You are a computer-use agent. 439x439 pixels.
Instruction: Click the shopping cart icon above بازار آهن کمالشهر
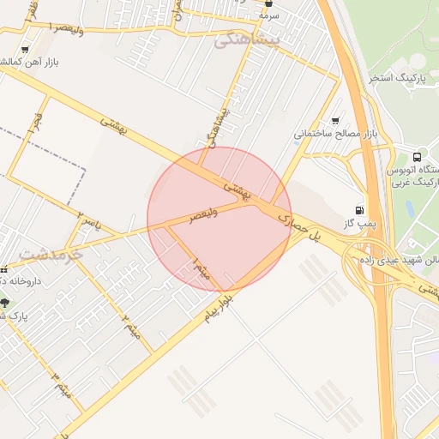[x=24, y=51]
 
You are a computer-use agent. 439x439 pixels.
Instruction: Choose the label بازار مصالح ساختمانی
[x=336, y=134]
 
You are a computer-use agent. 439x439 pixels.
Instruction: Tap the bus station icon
[x=417, y=157]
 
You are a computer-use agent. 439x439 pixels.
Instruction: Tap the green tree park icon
[x=5, y=303]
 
